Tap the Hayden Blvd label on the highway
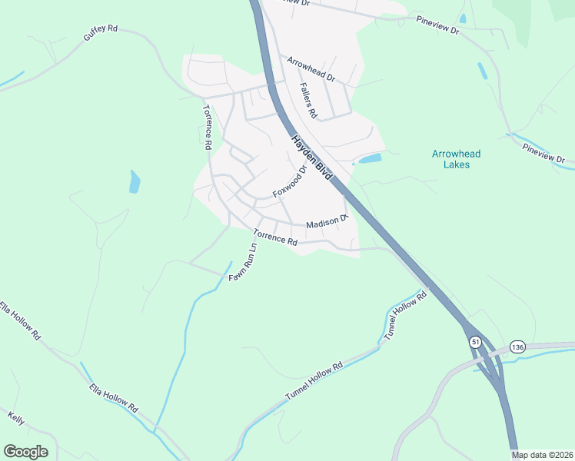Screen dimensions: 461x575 pos(311,159)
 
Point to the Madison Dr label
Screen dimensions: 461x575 pos(327,222)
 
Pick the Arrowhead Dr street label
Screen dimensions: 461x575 pos(311,69)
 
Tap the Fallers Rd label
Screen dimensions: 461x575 pos(308,100)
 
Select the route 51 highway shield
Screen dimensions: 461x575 pos(476,342)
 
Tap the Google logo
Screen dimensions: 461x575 pos(25,452)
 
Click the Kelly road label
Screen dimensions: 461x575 pos(16,420)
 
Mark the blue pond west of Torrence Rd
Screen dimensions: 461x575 pos(135,182)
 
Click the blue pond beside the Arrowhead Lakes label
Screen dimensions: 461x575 pos(370,159)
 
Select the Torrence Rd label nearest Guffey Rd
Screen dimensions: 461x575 pos(207,126)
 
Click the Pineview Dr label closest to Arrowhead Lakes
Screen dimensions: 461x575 pos(543,153)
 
